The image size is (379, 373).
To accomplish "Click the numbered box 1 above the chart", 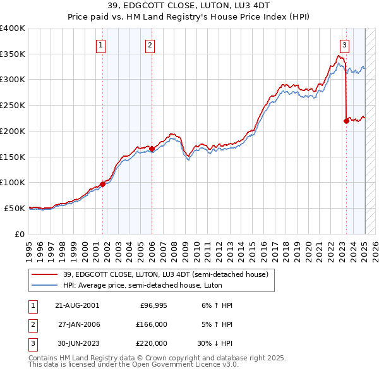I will tap(101, 45).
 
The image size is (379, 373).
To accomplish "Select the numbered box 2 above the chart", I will tap(150, 45).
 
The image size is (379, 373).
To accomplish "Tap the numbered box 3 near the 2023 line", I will tap(344, 45).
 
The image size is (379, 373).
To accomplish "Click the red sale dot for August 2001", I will tap(102, 184).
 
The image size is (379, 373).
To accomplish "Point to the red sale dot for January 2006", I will tap(152, 149).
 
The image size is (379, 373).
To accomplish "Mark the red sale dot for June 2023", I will tap(346, 121).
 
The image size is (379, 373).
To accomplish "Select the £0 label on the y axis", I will tap(20, 234).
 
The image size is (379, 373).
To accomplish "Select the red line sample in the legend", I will tap(44, 274).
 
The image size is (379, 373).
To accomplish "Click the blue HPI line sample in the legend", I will tap(44, 285).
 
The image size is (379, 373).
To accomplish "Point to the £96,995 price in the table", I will tap(153, 305).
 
